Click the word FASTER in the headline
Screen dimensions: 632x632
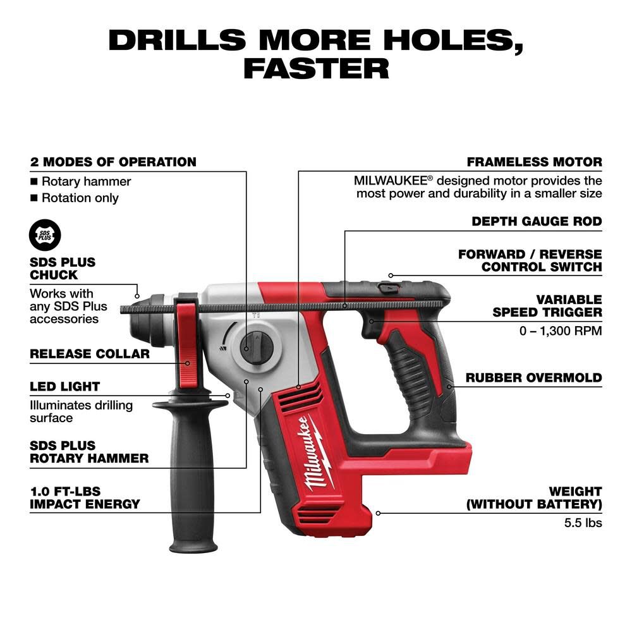click(316, 68)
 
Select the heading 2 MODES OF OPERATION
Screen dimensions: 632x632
click(113, 162)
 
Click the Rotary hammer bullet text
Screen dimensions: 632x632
click(86, 181)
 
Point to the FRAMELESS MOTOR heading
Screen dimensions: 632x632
click(534, 162)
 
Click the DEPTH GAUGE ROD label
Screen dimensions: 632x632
click(537, 222)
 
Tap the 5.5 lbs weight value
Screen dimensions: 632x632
click(583, 523)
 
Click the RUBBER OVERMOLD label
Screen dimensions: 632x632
click(533, 378)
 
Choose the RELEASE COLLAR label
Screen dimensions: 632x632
click(90, 354)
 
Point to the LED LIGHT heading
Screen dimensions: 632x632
click(65, 386)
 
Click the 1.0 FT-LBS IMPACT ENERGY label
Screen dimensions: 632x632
click(85, 497)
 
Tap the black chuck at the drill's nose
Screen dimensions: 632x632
click(149, 316)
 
